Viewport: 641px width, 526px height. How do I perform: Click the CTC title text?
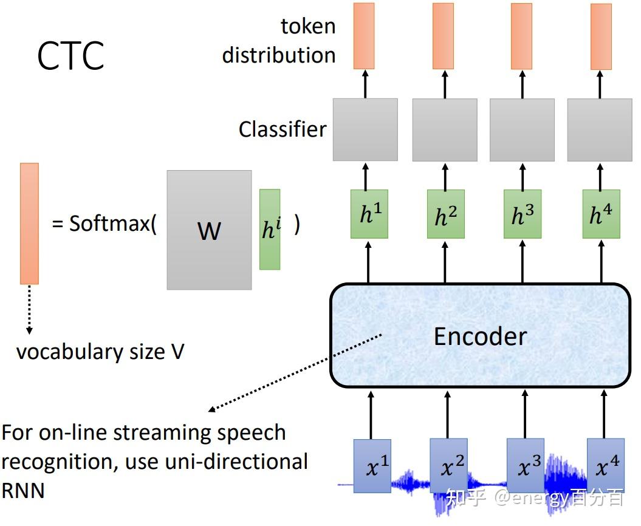(x=70, y=56)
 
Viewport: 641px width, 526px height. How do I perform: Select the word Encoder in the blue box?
(x=480, y=336)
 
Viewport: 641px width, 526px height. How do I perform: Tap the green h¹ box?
(x=369, y=214)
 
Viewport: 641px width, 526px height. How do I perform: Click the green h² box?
(x=445, y=214)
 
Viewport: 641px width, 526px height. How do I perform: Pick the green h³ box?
(x=523, y=214)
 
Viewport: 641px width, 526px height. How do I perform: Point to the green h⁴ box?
(x=600, y=214)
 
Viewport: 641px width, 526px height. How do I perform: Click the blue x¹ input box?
(x=372, y=466)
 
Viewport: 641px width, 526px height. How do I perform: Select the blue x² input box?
(x=448, y=466)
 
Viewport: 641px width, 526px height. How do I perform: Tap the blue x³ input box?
(x=526, y=466)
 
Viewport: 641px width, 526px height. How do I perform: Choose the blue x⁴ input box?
(x=605, y=466)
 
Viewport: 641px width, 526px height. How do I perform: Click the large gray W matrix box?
(x=209, y=230)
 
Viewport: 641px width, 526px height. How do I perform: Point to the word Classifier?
(x=282, y=129)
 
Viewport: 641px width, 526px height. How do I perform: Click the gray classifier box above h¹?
(x=365, y=130)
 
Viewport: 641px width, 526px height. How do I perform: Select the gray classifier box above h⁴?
(x=598, y=130)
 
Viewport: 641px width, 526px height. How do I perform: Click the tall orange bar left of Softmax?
(x=29, y=223)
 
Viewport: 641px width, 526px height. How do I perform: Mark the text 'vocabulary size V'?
(x=100, y=352)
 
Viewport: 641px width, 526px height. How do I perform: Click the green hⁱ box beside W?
(x=270, y=229)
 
